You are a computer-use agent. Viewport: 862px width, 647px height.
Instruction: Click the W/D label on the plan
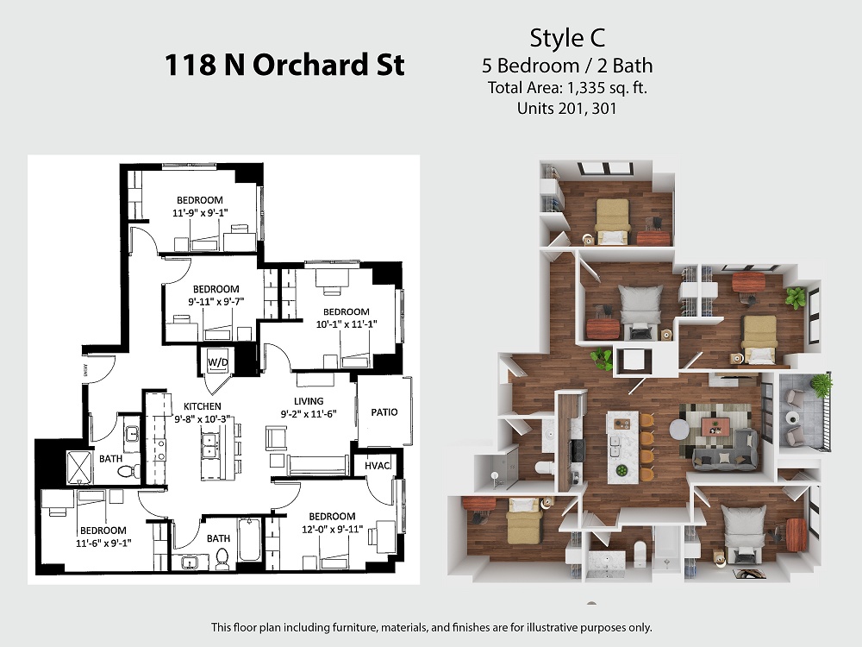[218, 362]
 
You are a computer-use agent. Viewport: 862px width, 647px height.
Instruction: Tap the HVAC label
[378, 466]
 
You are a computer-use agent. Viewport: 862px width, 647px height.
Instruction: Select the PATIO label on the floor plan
[384, 412]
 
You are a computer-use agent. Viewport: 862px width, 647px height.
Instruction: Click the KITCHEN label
[203, 406]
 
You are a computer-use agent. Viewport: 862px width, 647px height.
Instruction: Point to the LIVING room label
[309, 401]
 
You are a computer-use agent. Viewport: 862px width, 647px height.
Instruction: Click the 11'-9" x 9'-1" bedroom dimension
[200, 212]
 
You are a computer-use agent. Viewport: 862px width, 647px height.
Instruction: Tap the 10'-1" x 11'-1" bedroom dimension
[347, 324]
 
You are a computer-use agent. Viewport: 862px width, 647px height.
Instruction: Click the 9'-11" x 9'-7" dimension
[216, 301]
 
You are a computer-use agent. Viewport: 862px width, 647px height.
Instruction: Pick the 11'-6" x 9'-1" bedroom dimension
[103, 543]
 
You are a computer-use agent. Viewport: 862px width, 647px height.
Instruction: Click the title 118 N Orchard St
[284, 65]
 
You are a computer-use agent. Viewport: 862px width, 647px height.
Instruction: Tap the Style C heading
[567, 37]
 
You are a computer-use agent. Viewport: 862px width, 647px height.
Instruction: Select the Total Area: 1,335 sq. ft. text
[567, 87]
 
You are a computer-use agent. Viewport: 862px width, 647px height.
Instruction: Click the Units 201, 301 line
[567, 108]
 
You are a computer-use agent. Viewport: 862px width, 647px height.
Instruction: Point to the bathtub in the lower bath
[250, 540]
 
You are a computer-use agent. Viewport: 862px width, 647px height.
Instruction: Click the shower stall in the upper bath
[81, 467]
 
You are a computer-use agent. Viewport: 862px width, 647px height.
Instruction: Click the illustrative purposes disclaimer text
[432, 627]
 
